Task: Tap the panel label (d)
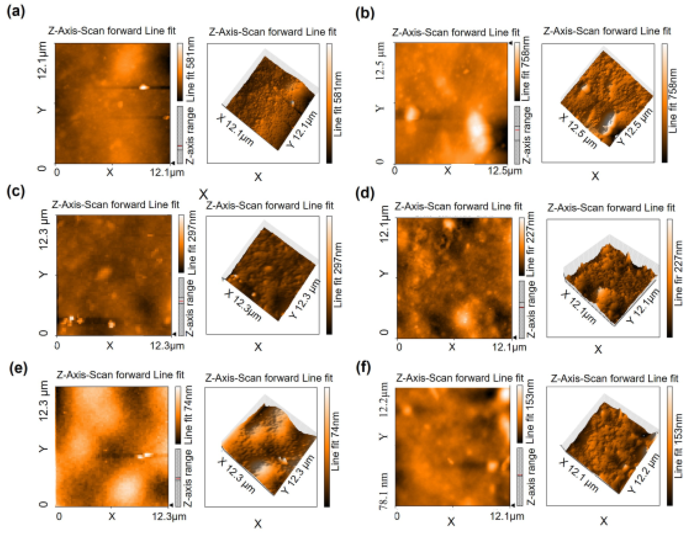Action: (365, 193)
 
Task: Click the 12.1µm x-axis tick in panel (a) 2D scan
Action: (167, 172)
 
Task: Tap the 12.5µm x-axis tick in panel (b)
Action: (505, 171)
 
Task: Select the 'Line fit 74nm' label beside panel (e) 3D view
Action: (336, 441)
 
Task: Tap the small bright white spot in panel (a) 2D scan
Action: (144, 87)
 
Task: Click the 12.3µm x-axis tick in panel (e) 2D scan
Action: (169, 516)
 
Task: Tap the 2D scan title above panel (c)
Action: (116, 205)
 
